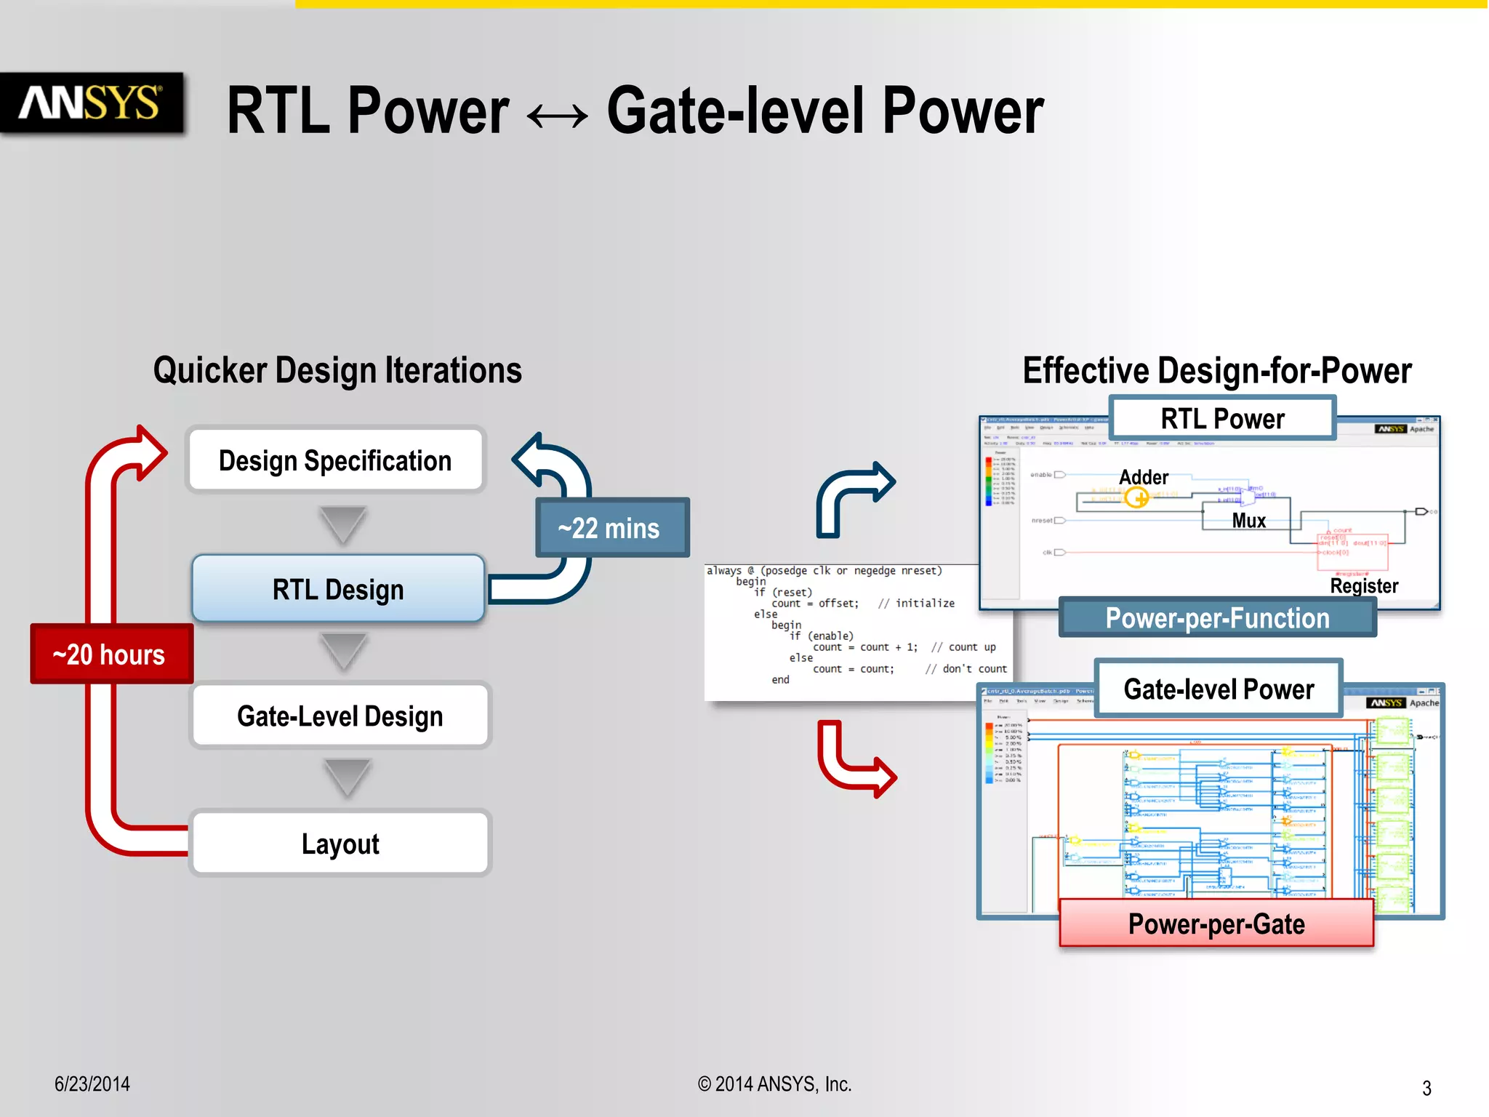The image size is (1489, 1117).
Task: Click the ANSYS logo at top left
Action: (x=90, y=103)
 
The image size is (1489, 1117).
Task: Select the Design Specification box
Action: (x=335, y=460)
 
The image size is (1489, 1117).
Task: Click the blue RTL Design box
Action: (x=338, y=589)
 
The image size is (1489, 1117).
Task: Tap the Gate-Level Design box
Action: (x=340, y=716)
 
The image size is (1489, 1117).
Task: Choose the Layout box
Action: (x=340, y=844)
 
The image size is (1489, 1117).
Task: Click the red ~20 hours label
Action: (x=111, y=654)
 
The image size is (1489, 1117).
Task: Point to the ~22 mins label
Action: (x=610, y=528)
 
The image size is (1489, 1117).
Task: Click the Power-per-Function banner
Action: (x=1217, y=618)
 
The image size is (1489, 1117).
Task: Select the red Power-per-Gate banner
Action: (x=1216, y=924)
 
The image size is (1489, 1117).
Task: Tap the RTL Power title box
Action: (x=1222, y=418)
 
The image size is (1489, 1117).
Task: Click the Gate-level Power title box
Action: (x=1219, y=689)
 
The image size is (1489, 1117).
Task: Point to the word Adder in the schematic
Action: (x=1144, y=477)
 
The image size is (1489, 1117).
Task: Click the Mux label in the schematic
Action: (x=1248, y=521)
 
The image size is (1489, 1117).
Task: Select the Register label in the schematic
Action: (x=1364, y=585)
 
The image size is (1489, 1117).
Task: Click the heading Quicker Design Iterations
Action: (x=337, y=370)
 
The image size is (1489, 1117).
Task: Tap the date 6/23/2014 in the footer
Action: (x=92, y=1084)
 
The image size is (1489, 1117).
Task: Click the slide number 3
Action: (x=1426, y=1088)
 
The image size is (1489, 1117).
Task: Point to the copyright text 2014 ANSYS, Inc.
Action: (x=774, y=1084)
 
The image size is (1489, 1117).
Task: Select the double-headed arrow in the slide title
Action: (x=558, y=115)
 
